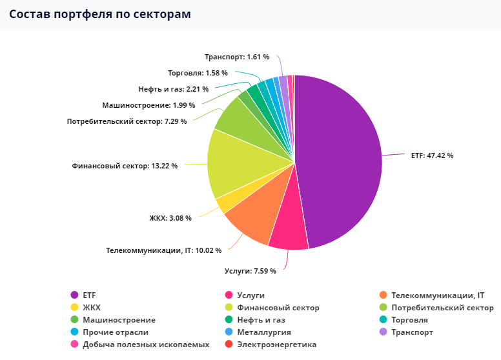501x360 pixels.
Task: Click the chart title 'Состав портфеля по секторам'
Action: pos(100,14)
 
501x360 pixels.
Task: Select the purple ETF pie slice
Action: pos(339,159)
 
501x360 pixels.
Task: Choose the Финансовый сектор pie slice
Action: pos(233,163)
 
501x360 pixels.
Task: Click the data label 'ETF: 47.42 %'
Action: pos(432,155)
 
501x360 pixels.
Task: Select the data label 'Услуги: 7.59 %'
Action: pos(251,271)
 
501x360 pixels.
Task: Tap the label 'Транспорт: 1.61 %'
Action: pos(237,57)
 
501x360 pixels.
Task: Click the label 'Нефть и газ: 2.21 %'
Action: pos(174,90)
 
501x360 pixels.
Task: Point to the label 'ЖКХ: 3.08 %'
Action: pos(170,218)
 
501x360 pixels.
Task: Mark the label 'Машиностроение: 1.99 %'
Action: pos(148,105)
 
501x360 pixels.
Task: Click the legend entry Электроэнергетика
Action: pos(271,345)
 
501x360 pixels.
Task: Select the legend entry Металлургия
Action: pos(258,332)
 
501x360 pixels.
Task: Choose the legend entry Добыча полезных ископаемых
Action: pos(140,345)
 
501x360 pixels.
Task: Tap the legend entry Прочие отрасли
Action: pos(109,332)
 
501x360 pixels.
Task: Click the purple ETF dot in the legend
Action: pos(74,295)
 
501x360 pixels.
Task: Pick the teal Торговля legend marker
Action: pos(383,319)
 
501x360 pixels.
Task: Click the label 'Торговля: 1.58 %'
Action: pos(198,73)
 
